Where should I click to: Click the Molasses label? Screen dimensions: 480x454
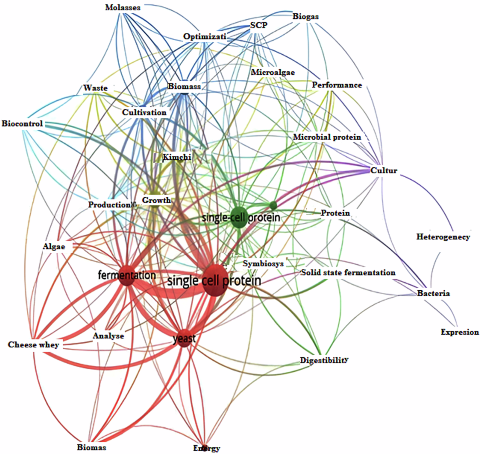coord(123,8)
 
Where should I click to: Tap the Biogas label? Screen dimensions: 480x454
coord(306,16)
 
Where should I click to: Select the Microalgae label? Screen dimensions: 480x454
coord(273,72)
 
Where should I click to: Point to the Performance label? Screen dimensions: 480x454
coord(337,85)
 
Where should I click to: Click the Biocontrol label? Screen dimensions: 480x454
coord(22,123)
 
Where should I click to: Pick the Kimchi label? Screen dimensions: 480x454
coord(177,157)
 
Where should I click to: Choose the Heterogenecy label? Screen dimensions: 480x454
coord(443,237)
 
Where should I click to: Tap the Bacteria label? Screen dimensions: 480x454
coord(433,293)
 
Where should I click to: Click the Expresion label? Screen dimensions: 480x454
coord(460,332)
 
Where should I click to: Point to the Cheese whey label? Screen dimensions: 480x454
coord(34,345)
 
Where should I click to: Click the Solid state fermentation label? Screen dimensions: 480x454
coord(348,273)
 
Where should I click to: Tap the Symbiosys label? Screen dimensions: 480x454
coord(263,264)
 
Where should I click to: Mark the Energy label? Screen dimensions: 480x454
coord(207,448)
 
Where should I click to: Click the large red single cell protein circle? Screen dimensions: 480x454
coord(214,280)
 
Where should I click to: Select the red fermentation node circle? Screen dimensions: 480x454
coord(127,275)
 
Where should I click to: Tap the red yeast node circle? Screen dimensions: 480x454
coord(184,339)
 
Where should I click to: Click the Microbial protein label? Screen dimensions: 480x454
coord(327,137)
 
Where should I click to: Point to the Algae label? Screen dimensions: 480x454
coord(54,246)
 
